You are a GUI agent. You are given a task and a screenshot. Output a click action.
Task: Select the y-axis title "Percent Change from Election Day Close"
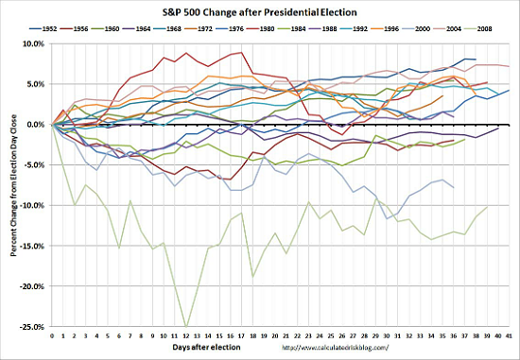point(10,184)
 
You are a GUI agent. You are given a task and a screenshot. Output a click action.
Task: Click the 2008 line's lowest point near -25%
point(186,327)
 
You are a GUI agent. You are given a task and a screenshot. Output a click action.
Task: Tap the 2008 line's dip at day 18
point(253,276)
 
